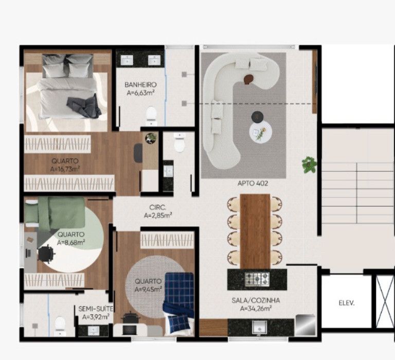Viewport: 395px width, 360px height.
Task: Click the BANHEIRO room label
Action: pos(140,85)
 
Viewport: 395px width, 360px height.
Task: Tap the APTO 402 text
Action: pos(253,184)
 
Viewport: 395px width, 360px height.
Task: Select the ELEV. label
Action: pos(347,303)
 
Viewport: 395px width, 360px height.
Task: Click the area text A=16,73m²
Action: pos(65,169)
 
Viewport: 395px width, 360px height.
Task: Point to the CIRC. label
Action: pos(158,208)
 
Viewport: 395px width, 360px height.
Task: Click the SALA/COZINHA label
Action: pos(256,300)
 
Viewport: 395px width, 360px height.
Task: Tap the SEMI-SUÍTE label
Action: pos(96,309)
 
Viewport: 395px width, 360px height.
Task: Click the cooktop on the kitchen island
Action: pos(257,279)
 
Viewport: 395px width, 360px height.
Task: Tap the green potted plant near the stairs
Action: pos(309,165)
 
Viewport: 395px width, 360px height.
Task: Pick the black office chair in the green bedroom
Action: pos(46,253)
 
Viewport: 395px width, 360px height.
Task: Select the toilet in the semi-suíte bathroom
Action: pos(60,326)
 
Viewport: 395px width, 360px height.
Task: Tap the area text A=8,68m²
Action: pos(71,243)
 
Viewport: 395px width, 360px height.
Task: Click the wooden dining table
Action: pos(255,231)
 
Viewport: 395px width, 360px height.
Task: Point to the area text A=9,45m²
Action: pos(148,290)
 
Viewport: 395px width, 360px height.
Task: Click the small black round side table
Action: pos(258,117)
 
